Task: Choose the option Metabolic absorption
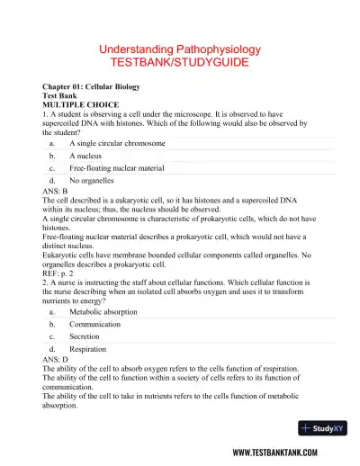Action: click(103, 311)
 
